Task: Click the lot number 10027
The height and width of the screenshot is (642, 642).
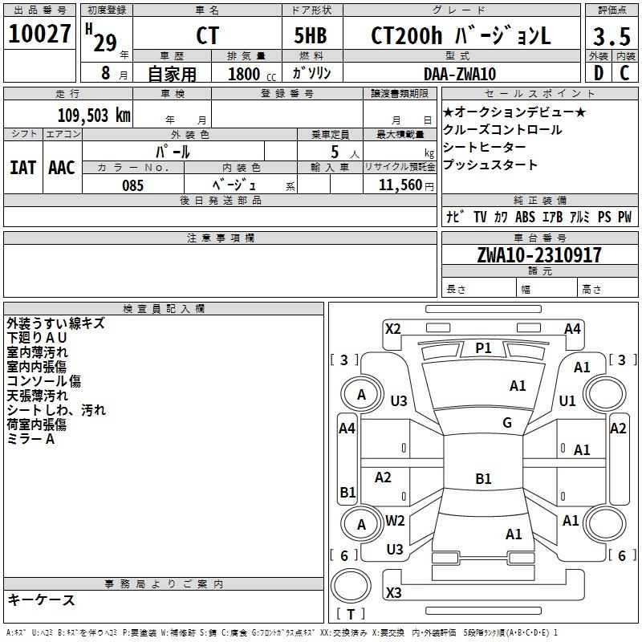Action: [40, 35]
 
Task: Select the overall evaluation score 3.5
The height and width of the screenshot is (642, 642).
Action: [612, 36]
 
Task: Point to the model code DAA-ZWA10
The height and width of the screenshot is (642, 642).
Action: [460, 74]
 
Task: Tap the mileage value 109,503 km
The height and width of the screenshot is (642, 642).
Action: [94, 115]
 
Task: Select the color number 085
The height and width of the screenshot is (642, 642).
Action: [132, 185]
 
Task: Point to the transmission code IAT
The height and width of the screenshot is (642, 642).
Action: [23, 168]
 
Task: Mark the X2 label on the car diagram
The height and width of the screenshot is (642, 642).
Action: [393, 328]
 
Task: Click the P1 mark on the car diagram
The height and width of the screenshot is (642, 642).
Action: [483, 347]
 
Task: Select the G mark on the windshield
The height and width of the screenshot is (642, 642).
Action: [506, 423]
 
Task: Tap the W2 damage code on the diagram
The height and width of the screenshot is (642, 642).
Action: [395, 521]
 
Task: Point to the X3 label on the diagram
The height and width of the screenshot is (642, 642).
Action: [393, 593]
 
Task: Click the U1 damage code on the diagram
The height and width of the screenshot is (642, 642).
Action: [567, 400]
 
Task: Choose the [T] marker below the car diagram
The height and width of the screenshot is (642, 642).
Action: [350, 615]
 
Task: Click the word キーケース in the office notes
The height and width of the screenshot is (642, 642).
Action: [41, 600]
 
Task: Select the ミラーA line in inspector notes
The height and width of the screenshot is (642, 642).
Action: [30, 439]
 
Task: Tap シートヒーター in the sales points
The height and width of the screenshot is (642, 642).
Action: [485, 148]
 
